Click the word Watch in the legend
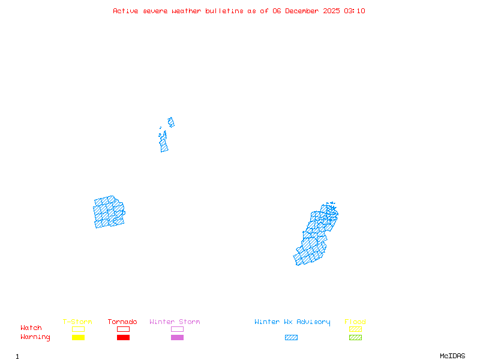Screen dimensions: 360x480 tap(31, 328)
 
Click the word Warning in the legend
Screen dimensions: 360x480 tap(35, 337)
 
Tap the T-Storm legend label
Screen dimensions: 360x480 tap(77, 322)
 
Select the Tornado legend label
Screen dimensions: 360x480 tap(122, 322)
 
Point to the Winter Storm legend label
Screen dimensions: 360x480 tap(175, 322)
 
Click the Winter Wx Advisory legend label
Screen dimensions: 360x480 tap(292, 322)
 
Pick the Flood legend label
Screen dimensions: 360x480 tap(355, 322)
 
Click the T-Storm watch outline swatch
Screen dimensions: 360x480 tap(78, 329)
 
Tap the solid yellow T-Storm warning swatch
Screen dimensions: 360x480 tap(78, 337)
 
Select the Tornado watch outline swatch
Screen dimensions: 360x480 tap(123, 329)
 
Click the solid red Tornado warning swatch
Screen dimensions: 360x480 tap(123, 337)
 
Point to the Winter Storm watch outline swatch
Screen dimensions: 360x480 tap(177, 329)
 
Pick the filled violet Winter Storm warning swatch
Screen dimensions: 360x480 tap(177, 337)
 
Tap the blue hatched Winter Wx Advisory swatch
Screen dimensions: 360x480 tap(291, 337)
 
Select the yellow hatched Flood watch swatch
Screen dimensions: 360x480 tap(355, 329)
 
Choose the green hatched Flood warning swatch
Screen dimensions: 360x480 tap(355, 337)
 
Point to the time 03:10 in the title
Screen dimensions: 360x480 tap(355, 11)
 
